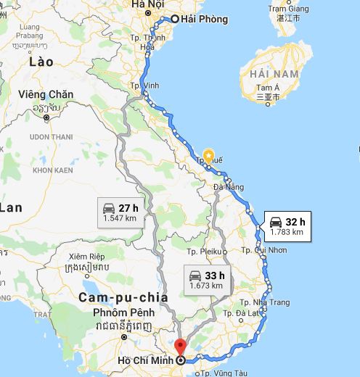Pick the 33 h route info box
point(206,280)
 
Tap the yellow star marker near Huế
point(209,154)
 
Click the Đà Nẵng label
point(229,187)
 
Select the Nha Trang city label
point(271,302)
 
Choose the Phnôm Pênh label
point(110,312)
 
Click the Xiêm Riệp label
point(88,257)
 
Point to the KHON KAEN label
point(54,170)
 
